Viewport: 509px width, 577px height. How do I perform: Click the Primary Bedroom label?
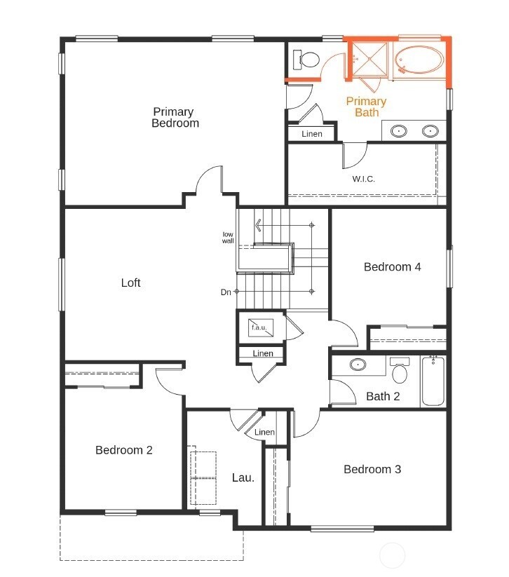[175, 117]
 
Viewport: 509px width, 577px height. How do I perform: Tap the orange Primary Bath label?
[366, 107]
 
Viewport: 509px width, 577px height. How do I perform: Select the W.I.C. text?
[363, 179]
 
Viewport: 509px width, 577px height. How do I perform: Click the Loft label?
[130, 283]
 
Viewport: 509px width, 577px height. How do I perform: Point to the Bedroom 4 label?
[392, 266]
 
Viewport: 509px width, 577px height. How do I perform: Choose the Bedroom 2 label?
[124, 450]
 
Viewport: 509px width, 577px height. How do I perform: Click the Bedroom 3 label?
[372, 469]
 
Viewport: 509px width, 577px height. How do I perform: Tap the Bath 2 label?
[383, 397]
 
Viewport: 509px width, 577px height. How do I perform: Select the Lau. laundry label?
[243, 478]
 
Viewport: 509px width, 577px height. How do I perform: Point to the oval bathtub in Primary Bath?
[419, 60]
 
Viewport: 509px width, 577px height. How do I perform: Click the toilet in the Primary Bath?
[306, 60]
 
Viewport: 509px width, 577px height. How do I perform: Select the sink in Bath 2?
[358, 365]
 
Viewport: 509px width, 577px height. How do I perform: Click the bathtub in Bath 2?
[433, 381]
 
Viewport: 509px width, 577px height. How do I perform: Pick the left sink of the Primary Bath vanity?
[398, 130]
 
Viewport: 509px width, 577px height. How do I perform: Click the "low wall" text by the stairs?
[228, 237]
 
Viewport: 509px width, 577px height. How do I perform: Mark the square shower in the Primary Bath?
[368, 57]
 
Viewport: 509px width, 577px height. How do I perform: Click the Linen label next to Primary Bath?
[312, 134]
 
